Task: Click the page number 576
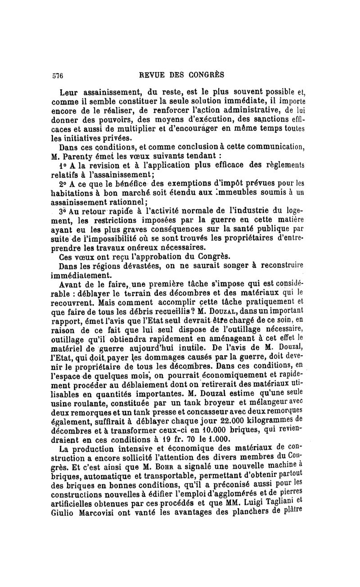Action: click(x=56, y=74)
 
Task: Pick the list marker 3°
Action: click(x=65, y=211)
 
